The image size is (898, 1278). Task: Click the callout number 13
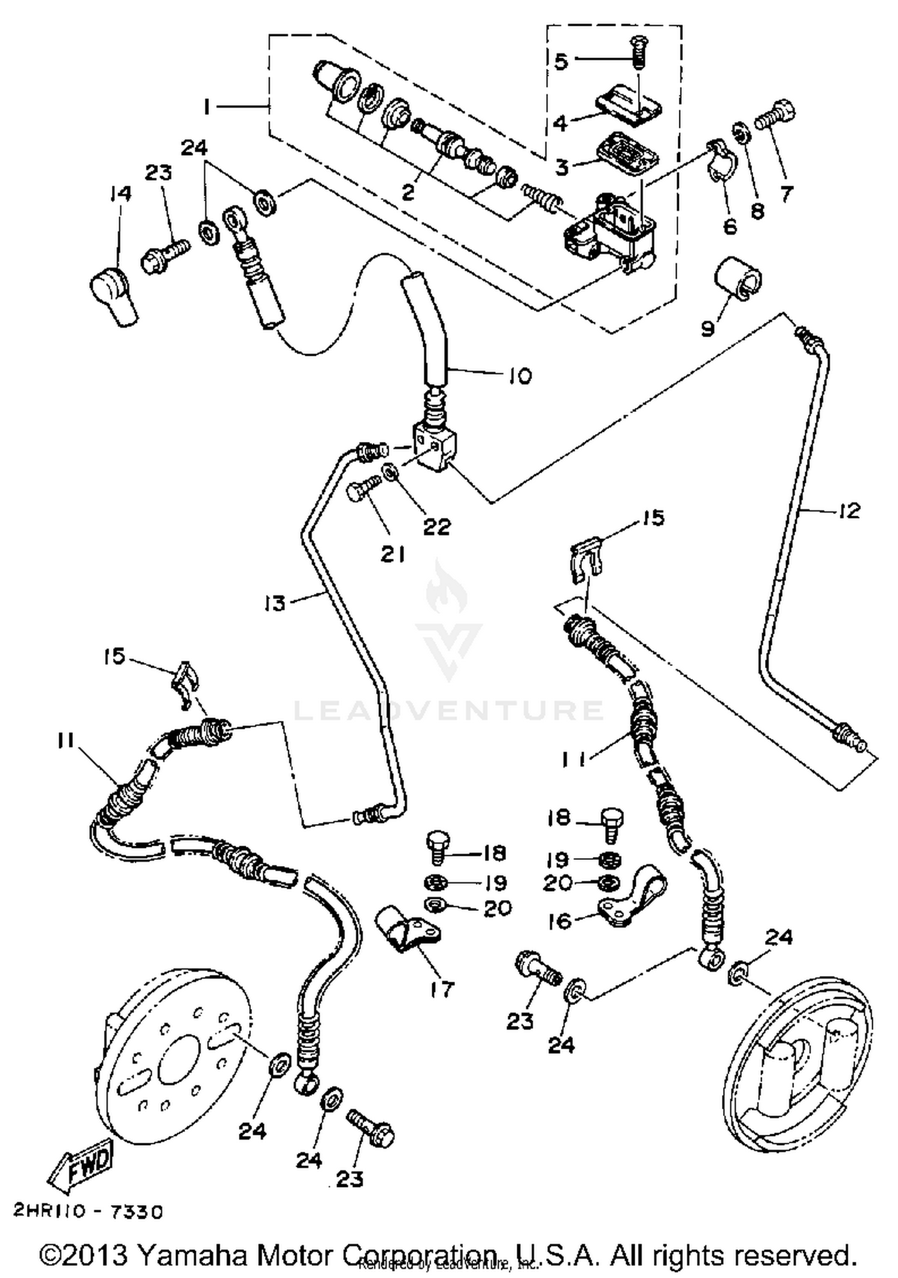click(x=275, y=603)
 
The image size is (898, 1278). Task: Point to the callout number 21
click(x=393, y=555)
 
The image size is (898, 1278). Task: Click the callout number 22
click(x=436, y=527)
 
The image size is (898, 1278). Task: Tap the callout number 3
click(x=561, y=168)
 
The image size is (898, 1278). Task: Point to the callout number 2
click(x=408, y=192)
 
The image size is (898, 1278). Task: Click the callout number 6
click(x=730, y=227)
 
